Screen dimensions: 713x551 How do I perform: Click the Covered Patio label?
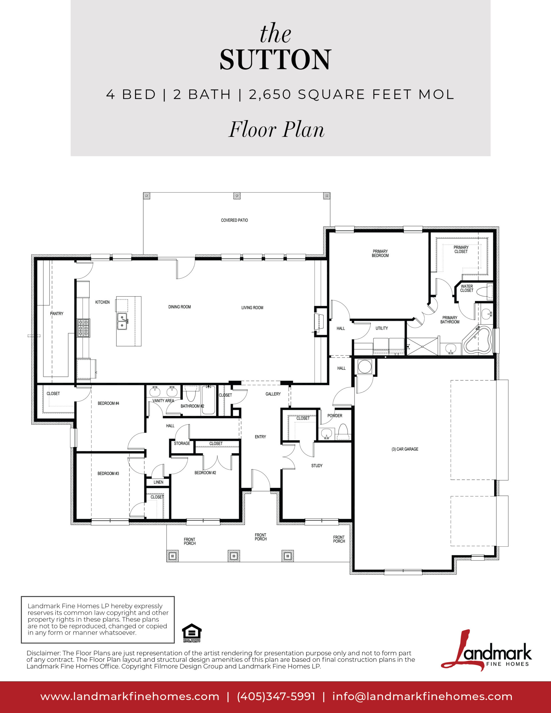click(x=234, y=220)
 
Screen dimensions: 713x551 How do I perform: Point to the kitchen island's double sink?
click(x=122, y=321)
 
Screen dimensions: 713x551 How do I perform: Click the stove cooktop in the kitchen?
click(x=83, y=328)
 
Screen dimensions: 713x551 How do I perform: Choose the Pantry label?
click(x=57, y=313)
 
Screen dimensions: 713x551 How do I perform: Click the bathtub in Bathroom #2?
click(x=208, y=400)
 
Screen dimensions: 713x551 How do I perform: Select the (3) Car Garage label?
click(x=405, y=449)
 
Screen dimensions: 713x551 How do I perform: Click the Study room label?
click(x=317, y=466)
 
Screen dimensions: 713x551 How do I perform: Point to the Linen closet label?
click(x=158, y=482)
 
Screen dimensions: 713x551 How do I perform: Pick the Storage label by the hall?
click(x=182, y=443)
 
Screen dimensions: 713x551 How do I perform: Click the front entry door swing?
click(x=261, y=480)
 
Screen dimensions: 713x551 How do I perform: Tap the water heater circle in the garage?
click(x=364, y=367)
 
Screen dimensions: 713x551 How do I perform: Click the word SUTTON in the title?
click(x=275, y=59)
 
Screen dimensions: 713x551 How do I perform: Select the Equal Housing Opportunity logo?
click(x=192, y=633)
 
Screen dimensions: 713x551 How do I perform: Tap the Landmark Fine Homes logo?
click(x=486, y=653)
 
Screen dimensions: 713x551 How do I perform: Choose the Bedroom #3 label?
click(x=108, y=473)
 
